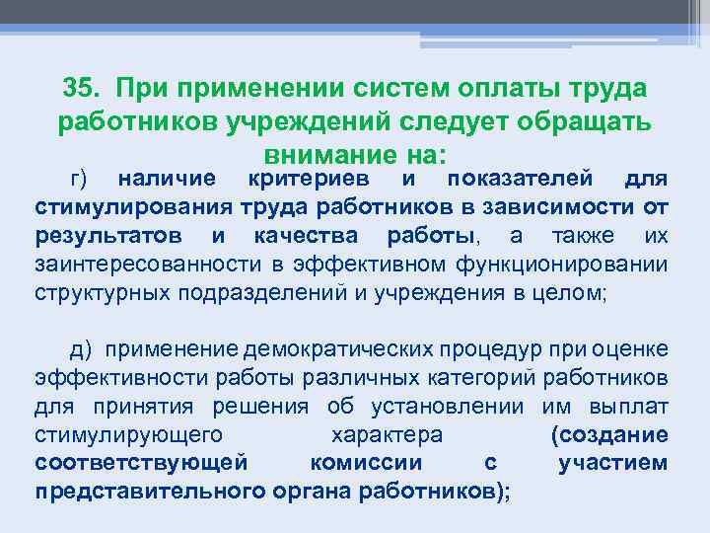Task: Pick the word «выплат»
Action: pos(634,406)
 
